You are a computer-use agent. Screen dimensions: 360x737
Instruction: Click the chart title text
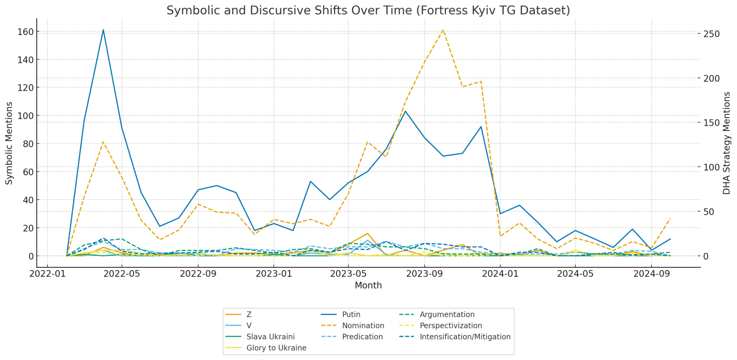coord(368,11)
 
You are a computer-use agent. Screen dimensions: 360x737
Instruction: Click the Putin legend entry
coord(351,315)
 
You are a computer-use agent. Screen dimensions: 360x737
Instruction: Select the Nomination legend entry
coord(363,326)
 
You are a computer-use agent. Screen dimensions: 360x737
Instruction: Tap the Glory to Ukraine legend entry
coord(276,348)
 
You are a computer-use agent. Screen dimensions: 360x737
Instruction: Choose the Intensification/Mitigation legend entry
coord(465,337)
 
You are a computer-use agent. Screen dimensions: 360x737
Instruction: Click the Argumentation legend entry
coord(447,315)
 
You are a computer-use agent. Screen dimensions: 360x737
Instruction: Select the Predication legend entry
coord(362,337)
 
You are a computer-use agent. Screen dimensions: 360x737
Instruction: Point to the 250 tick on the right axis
coord(711,34)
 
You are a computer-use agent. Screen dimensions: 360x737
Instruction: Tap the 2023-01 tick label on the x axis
coord(273,274)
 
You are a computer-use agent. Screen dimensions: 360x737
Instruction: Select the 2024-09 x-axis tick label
coord(650,274)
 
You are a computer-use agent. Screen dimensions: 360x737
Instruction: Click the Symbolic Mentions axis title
coord(10,143)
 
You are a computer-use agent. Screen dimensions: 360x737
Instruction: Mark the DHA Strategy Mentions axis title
coord(727,143)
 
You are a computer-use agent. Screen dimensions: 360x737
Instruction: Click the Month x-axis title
coord(368,286)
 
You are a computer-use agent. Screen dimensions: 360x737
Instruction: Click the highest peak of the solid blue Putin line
coord(103,30)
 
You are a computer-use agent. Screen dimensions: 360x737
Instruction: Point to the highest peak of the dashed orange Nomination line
coord(443,30)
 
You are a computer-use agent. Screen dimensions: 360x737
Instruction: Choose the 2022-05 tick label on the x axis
coord(122,274)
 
